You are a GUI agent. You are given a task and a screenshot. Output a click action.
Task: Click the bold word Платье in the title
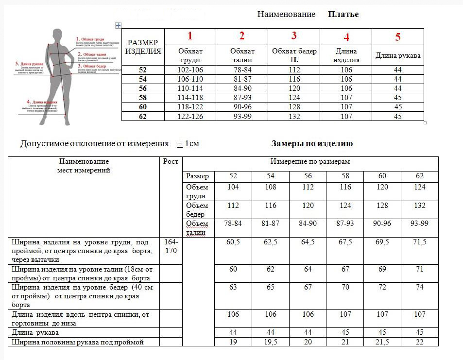point(343,15)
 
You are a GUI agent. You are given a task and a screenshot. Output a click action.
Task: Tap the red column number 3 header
point(294,35)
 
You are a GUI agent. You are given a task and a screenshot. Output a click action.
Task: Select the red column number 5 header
point(398,37)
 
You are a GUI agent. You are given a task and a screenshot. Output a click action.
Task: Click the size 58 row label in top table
point(143,98)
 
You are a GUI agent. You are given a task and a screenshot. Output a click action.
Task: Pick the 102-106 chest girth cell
point(190,70)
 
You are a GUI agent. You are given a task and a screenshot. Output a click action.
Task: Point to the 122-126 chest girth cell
point(190,117)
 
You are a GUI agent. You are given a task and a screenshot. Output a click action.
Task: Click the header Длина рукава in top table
point(398,55)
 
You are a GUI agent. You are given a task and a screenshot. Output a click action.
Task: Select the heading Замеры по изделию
point(312,144)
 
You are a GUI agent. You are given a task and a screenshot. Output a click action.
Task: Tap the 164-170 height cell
point(171,246)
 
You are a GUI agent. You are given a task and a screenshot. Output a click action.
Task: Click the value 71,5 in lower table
point(419,242)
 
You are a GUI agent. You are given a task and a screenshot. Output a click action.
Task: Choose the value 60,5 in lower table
point(233,242)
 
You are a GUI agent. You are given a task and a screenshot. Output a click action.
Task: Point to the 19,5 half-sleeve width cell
point(270,342)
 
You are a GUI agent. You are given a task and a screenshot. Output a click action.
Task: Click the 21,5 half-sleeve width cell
point(382,342)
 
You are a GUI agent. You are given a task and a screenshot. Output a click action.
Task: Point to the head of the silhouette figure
point(57,35)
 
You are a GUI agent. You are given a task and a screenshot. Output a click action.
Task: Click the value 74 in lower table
point(419,287)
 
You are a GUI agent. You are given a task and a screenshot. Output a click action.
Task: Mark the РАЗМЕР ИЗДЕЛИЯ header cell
point(143,47)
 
